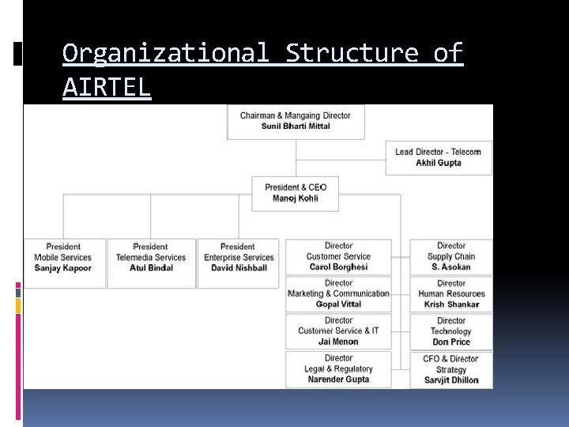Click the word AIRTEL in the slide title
tap(106, 88)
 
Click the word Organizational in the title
tap(162, 54)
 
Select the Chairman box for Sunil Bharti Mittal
tap(296, 122)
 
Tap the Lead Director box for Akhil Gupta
tap(439, 157)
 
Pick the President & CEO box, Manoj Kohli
tap(296, 193)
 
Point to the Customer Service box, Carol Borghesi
tap(338, 257)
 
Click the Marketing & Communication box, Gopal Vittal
tap(338, 293)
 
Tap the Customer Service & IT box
tap(338, 331)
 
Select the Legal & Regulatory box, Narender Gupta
tap(338, 369)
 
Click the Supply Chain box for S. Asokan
tap(451, 257)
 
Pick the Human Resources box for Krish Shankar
tap(451, 293)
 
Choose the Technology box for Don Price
tap(451, 331)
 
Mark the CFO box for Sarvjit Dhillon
tap(451, 369)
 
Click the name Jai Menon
tap(338, 342)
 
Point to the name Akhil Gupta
tap(439, 163)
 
